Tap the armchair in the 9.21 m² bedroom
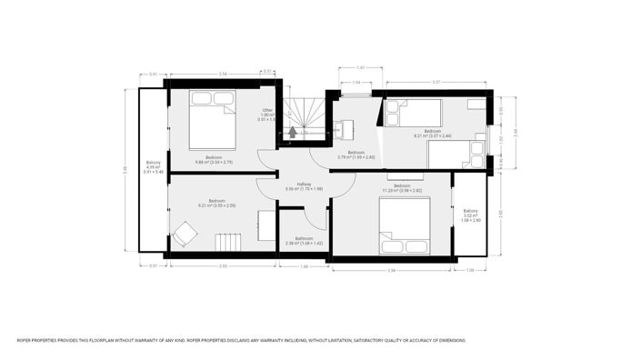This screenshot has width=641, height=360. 185,235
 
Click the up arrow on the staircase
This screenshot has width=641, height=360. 291,133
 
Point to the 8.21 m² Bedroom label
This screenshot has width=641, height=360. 433,132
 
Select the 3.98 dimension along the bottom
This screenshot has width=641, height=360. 391,270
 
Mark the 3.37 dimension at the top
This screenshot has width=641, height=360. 436,82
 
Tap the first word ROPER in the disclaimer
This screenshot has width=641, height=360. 25,341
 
